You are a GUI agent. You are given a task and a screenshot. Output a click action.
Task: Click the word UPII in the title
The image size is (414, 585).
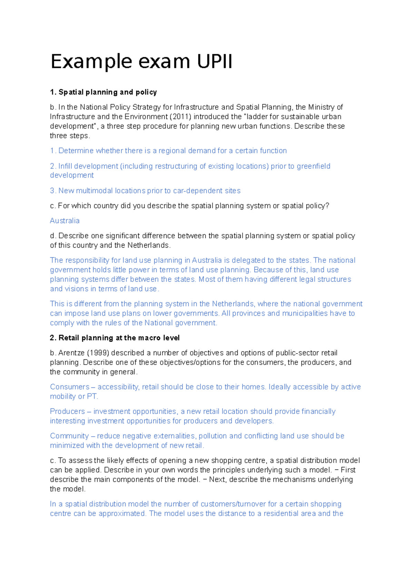tap(215, 62)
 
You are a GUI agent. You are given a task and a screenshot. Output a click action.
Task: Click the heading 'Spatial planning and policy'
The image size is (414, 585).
tap(108, 92)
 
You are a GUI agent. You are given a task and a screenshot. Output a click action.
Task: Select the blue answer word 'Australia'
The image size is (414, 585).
tap(65, 221)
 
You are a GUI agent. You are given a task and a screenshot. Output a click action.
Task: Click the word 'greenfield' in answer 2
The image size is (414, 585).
tap(313, 166)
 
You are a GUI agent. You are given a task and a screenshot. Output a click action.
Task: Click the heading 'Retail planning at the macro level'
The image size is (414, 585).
tap(119, 338)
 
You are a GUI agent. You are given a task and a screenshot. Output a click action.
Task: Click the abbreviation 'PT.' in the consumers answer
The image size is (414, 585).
tap(92, 397)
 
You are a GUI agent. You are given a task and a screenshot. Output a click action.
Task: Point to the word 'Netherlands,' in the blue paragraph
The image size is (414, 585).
tap(234, 304)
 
